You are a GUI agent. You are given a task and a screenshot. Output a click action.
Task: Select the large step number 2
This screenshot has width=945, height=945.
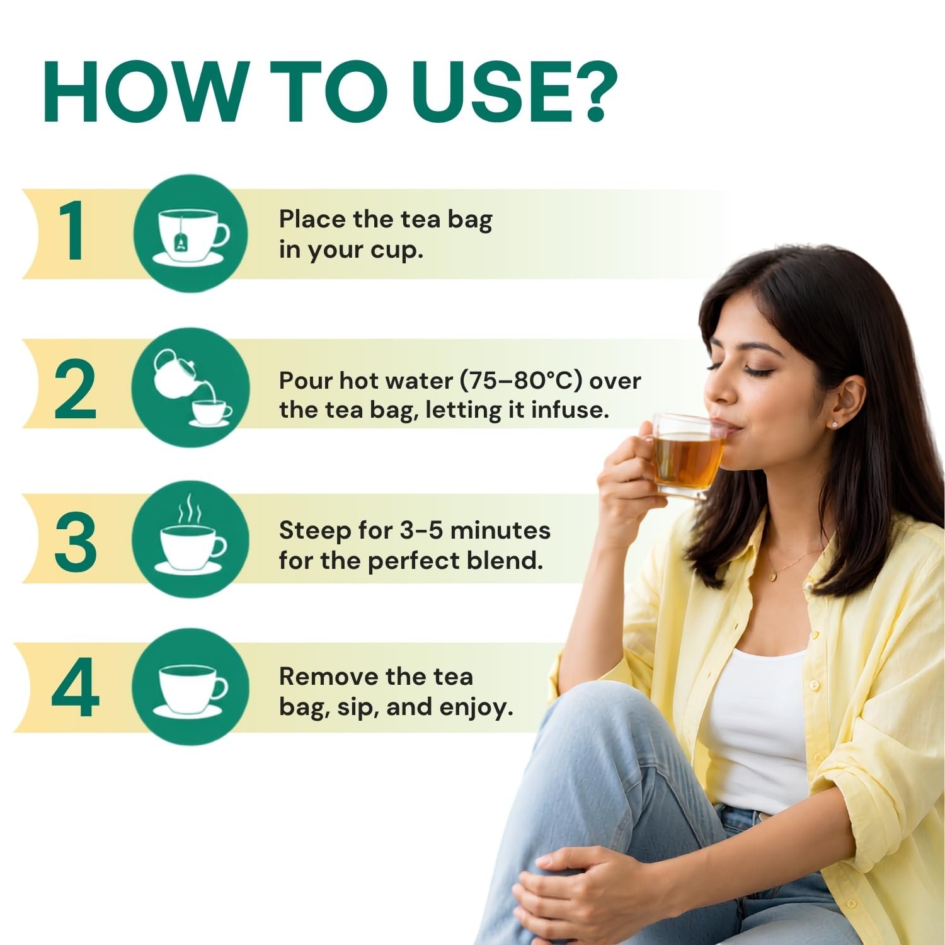75,390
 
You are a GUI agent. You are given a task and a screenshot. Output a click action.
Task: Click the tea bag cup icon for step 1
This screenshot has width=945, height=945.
191,235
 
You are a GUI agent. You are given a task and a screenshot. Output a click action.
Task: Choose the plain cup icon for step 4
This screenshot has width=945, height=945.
191,690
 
